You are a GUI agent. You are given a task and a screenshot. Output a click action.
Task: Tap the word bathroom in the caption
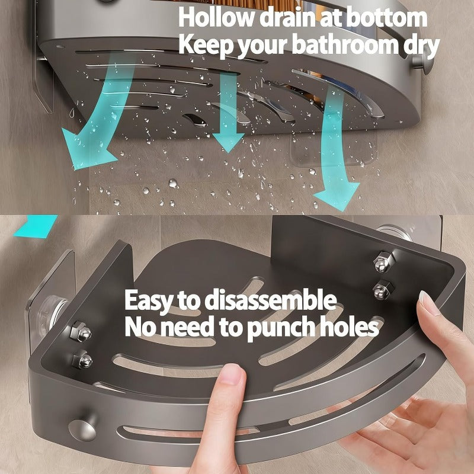pos(334,46)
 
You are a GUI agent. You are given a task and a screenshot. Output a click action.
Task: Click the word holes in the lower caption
pos(350,326)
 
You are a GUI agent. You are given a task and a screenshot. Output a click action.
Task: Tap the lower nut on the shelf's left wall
pos(81,359)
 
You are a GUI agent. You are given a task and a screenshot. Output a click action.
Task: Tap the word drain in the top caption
pos(293,18)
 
